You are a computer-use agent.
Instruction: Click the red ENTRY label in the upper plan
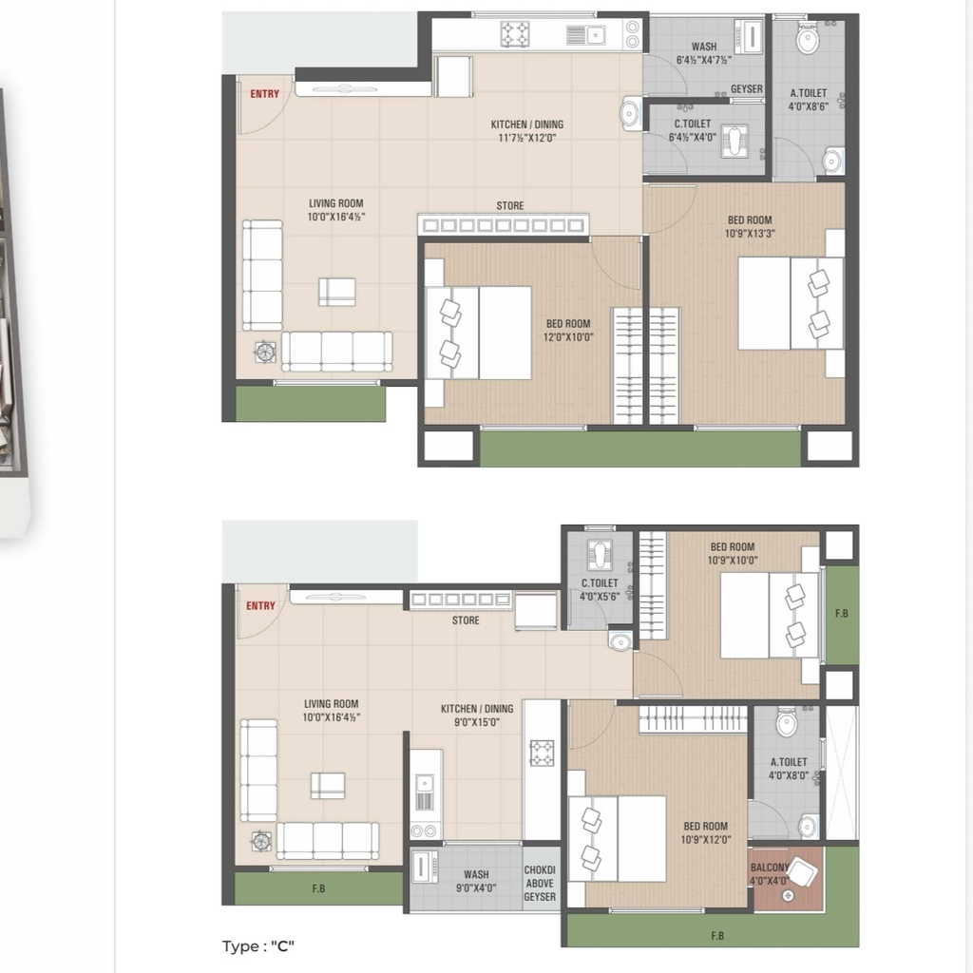[x=264, y=94]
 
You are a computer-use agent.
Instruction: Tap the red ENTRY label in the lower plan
[x=260, y=605]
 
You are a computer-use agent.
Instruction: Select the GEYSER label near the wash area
[x=747, y=88]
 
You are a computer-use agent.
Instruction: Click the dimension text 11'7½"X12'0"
[x=526, y=138]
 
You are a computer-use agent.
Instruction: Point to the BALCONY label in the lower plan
[x=770, y=867]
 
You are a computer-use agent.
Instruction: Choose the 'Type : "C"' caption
[x=258, y=946]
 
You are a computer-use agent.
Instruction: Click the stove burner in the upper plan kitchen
[x=515, y=34]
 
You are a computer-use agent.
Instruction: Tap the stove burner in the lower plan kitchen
[x=542, y=753]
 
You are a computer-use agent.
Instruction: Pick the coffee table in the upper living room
[x=337, y=292]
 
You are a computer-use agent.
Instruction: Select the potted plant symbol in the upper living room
[x=265, y=352]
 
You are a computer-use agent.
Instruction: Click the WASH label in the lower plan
[x=476, y=874]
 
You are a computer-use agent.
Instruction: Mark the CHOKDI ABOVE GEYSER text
[x=540, y=884]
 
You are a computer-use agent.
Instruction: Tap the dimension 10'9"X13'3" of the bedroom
[x=750, y=234]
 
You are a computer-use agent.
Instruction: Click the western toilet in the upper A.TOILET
[x=808, y=38]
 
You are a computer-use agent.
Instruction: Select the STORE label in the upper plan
[x=510, y=205]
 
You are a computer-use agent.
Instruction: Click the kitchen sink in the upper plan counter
[x=586, y=35]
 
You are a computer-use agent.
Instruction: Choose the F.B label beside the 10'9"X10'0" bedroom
[x=842, y=613]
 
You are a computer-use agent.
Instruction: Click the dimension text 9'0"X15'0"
[x=477, y=722]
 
